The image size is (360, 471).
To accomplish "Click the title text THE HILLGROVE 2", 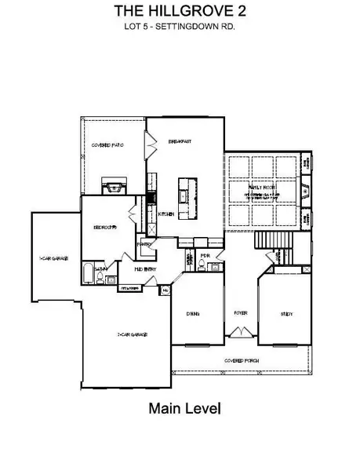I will pyautogui.click(x=180, y=10).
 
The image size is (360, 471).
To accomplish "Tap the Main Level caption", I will pyautogui.click(x=184, y=408).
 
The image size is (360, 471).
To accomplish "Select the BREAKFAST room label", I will pyautogui.click(x=180, y=141).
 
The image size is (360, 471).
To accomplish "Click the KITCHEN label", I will pyautogui.click(x=165, y=214).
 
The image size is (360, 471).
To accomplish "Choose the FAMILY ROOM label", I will pyautogui.click(x=260, y=188).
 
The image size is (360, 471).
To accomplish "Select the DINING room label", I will pyautogui.click(x=193, y=313).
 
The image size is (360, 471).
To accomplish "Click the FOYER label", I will pyautogui.click(x=240, y=312).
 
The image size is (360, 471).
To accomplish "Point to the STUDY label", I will pyautogui.click(x=286, y=313).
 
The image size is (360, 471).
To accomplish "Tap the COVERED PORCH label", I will pyautogui.click(x=242, y=360).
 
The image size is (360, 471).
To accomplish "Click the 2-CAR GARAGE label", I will pyautogui.click(x=133, y=334).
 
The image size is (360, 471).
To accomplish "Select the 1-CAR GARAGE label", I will pyautogui.click(x=52, y=257).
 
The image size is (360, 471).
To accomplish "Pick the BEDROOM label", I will pyautogui.click(x=105, y=228).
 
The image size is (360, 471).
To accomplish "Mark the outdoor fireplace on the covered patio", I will pyautogui.click(x=115, y=187).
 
